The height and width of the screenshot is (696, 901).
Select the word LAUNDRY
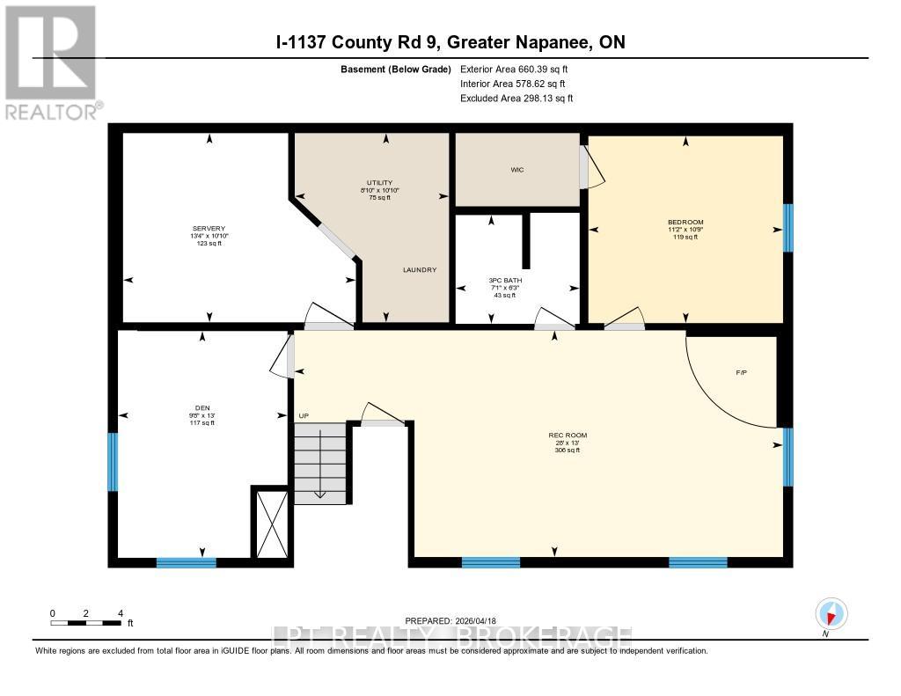420,270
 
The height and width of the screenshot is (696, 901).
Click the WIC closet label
517,170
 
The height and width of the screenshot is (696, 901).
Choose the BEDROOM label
685,222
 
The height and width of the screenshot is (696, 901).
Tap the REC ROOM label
568,436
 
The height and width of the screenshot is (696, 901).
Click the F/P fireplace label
742,373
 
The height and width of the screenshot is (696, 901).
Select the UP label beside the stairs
304,414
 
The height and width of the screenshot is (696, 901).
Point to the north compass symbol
830,614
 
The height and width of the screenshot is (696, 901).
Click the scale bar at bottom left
85,623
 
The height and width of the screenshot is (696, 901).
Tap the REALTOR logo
51,62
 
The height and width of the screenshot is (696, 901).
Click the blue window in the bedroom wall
787,229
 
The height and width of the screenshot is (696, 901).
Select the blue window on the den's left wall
113,462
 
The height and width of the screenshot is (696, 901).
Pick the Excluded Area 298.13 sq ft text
516,99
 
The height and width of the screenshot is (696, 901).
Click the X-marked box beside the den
270,522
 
